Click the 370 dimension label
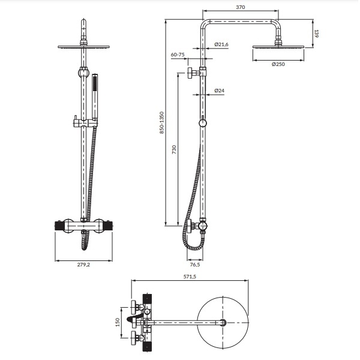pos(241,7)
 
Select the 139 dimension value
pos(316,34)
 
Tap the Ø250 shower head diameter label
pos(278,64)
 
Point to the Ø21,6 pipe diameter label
pos(221,44)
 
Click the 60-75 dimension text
pos(178,55)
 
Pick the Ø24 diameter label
pos(219,91)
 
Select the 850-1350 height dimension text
pos(162,122)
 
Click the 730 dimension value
pos(174,149)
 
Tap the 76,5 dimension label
pos(195,265)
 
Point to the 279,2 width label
pos(83,265)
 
